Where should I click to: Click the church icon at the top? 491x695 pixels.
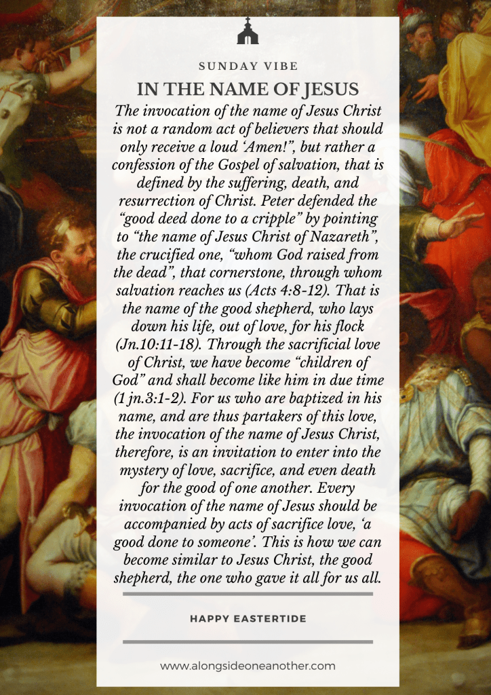[248, 32]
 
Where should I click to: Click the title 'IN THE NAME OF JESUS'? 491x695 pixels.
[248, 90]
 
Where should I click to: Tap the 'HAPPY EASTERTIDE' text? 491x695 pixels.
[248, 618]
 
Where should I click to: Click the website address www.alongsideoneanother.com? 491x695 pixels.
[248, 666]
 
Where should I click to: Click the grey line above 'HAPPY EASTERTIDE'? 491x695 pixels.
[248, 594]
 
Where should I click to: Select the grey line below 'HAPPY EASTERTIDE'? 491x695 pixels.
[248, 641]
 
